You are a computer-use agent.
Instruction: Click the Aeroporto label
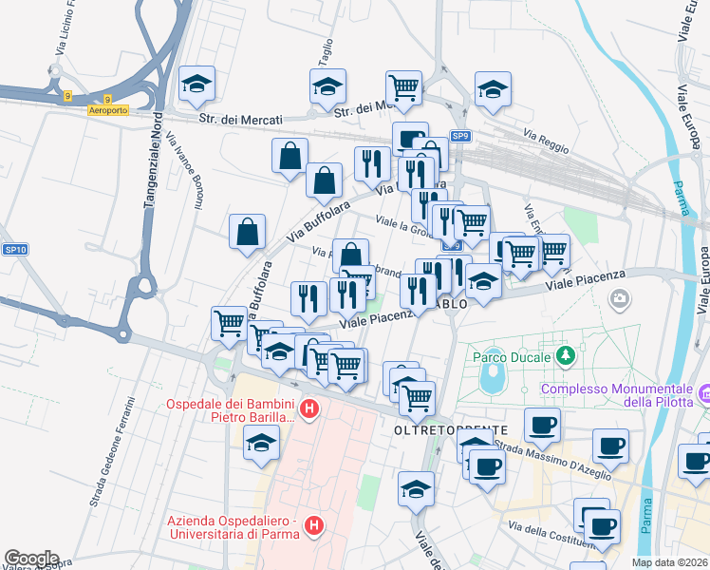pyautogui.click(x=107, y=110)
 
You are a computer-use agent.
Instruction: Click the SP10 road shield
pyautogui.click(x=14, y=249)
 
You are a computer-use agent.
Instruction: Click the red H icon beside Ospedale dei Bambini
pyautogui.click(x=308, y=410)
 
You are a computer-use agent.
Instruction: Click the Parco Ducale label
pyautogui.click(x=512, y=358)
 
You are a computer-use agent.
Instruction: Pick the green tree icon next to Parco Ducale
pyautogui.click(x=566, y=356)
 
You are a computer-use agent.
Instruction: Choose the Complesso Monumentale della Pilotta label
pyautogui.click(x=615, y=397)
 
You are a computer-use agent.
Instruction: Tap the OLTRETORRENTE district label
pyautogui.click(x=444, y=430)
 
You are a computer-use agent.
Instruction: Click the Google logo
pyautogui.click(x=31, y=559)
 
